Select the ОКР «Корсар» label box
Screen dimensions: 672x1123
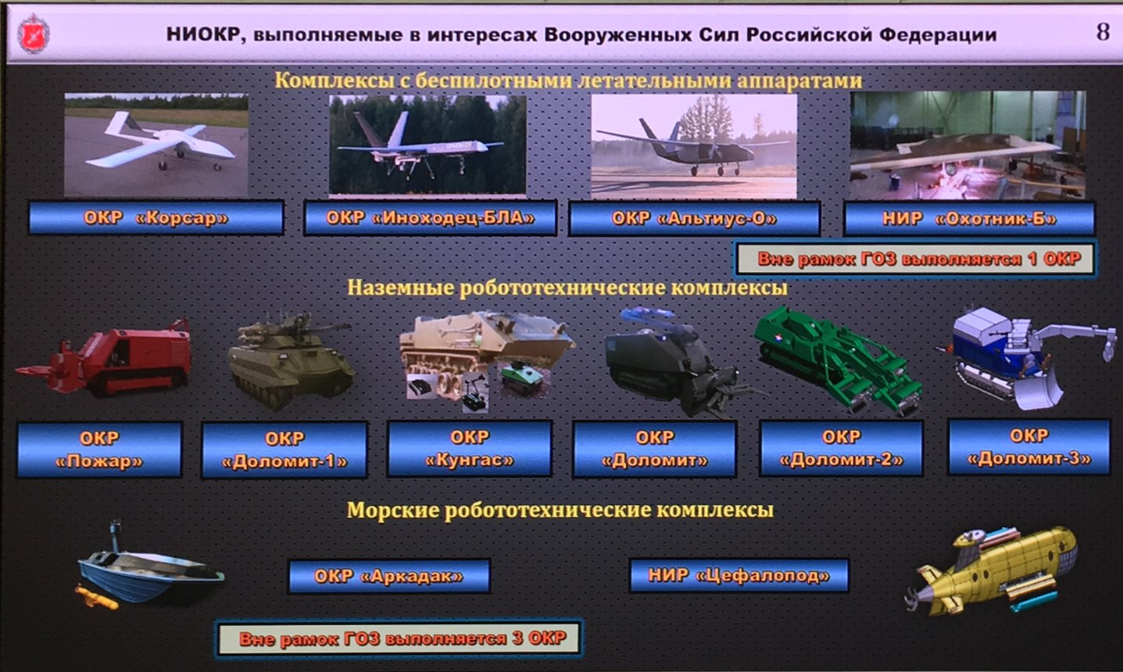pos(156,218)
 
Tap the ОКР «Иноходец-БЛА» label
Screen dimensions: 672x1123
pos(430,218)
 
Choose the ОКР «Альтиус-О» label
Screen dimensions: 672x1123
pos(694,219)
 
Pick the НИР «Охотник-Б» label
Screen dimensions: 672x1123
pos(969,219)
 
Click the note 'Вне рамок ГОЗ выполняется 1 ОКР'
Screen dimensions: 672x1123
pos(914,259)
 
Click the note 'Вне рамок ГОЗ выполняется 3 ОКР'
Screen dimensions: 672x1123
pos(400,638)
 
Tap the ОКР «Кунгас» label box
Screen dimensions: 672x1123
pos(470,449)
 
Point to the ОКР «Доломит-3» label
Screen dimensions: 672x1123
pos(1028,447)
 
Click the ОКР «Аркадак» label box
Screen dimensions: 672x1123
pos(389,577)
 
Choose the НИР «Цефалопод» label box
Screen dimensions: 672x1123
pos(739,576)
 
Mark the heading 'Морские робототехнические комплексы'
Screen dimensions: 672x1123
pos(560,510)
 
